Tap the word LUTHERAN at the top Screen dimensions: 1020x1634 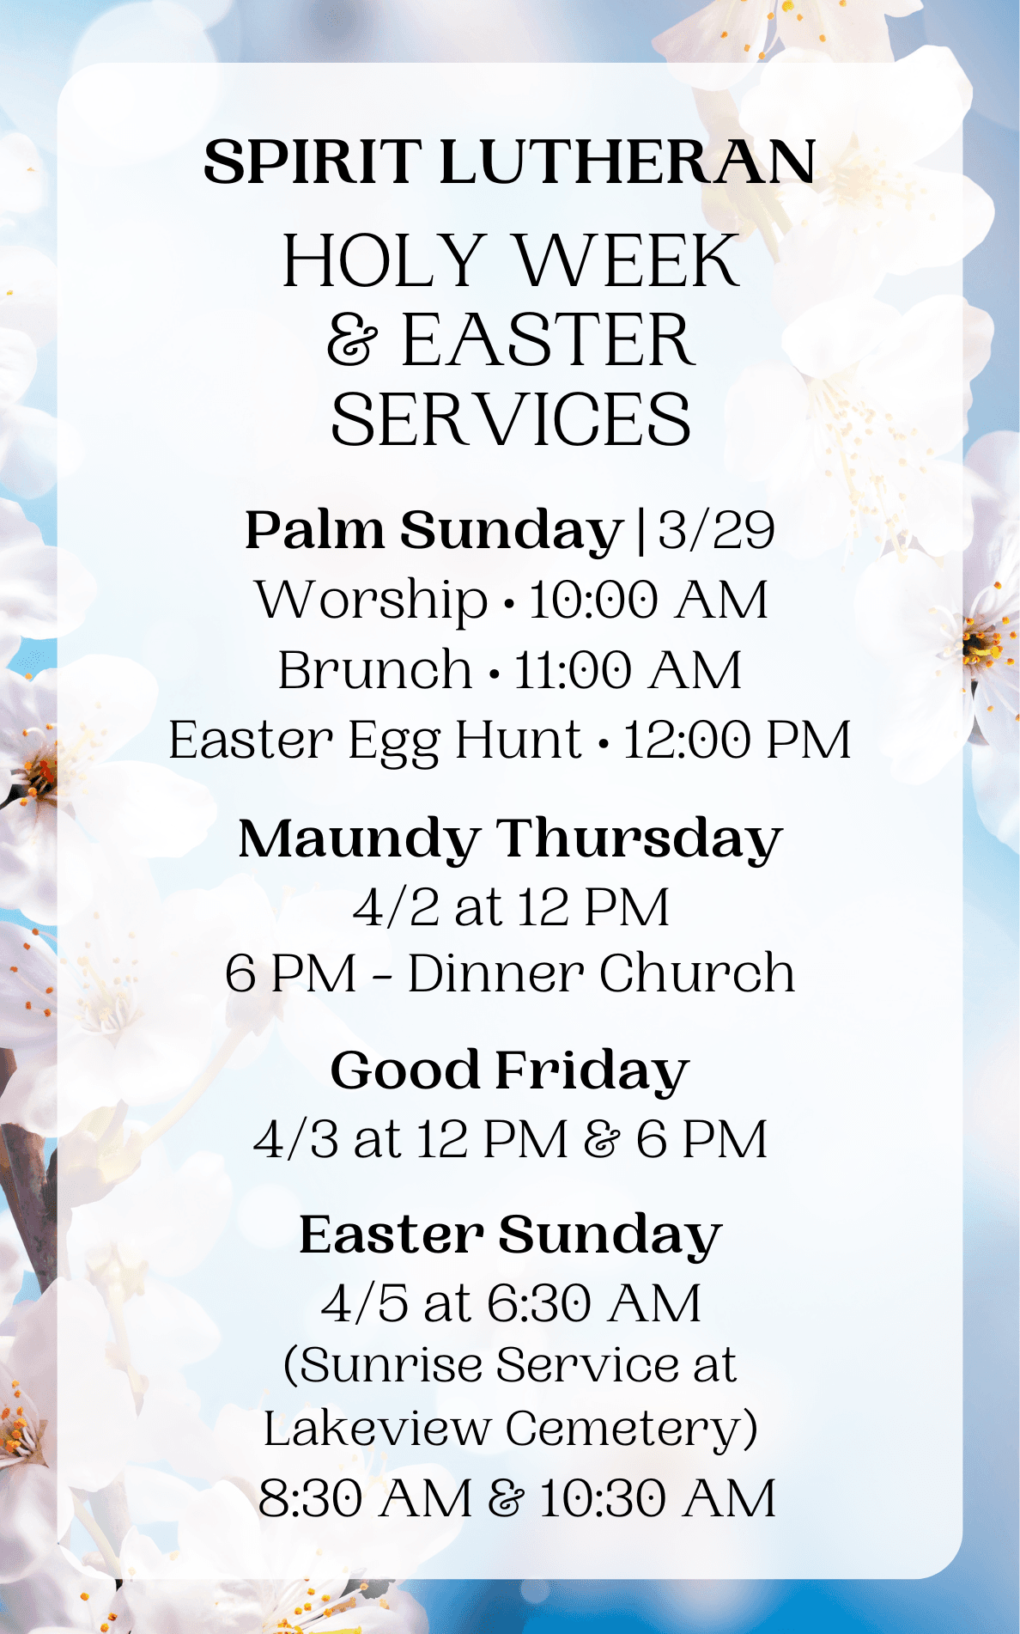click(x=628, y=162)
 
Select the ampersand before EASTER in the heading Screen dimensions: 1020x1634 click(x=352, y=340)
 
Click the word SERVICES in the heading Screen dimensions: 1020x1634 click(x=511, y=419)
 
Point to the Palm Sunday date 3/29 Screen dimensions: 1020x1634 click(x=716, y=530)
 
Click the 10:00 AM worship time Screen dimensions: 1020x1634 click(x=648, y=600)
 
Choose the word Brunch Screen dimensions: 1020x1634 click(x=375, y=670)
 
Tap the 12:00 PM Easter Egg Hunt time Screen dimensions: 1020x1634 click(x=737, y=740)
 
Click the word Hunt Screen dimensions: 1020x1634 click(x=518, y=740)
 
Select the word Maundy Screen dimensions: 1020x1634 click(x=359, y=841)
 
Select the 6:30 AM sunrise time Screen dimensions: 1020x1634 click(x=595, y=1303)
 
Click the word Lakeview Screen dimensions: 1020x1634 click(x=376, y=1429)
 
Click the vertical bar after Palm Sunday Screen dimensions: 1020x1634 click(x=640, y=531)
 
